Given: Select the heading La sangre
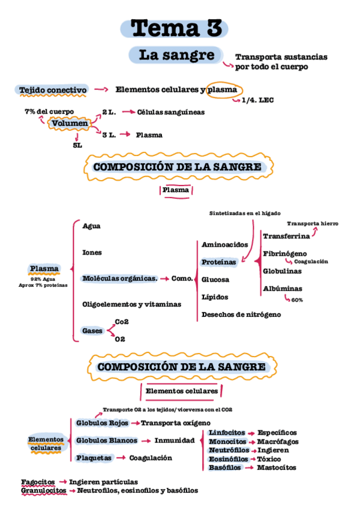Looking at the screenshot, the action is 176,55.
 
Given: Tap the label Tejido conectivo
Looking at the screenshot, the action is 53,90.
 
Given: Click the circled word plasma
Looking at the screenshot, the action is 222,90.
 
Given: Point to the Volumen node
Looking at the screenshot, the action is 70,124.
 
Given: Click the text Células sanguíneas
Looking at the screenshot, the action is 170,112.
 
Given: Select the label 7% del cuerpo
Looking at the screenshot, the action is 49,112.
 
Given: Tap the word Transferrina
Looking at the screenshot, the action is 286,236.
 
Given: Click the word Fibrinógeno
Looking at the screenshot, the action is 285,253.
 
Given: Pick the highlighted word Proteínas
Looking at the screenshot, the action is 218,262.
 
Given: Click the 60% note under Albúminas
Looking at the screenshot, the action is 297,300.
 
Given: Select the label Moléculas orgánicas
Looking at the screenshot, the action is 119,279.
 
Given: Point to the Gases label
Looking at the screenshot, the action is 92,331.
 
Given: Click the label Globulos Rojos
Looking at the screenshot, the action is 102,423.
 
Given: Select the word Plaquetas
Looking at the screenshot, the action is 94,457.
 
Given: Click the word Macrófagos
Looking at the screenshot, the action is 278,442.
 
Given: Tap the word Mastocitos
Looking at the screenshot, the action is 276,468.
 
